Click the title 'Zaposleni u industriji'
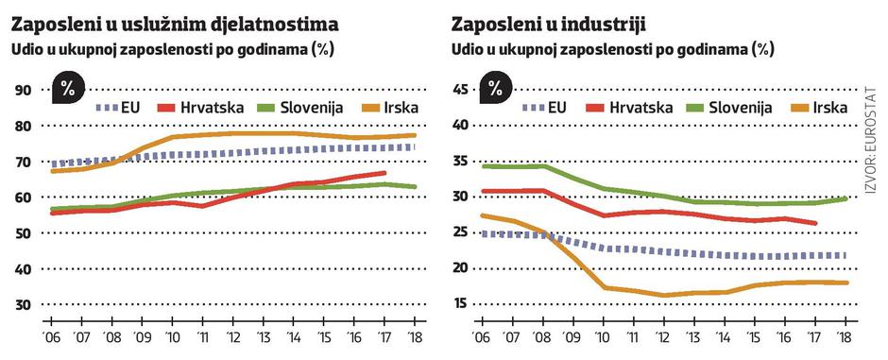556,21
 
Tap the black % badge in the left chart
68,91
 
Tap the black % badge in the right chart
496,91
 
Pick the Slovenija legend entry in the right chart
720,107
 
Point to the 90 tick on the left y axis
23,90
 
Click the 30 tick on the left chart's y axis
23,304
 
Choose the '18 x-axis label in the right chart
844,337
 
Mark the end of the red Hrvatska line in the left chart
384,173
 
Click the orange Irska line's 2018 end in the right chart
845,283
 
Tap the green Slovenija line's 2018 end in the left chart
416,187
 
